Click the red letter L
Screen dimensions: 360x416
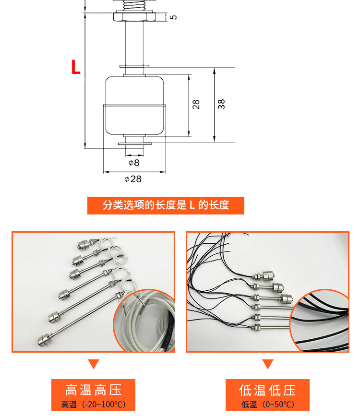click(x=76, y=67)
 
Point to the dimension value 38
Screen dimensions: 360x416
click(x=221, y=104)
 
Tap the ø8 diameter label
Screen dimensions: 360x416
click(x=134, y=163)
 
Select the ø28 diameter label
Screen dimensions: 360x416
click(x=133, y=179)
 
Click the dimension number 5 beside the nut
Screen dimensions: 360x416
click(x=173, y=17)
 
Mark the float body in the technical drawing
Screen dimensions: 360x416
click(x=134, y=106)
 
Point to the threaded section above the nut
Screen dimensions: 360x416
click(x=133, y=5)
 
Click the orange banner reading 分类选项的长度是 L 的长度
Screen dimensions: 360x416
click(x=166, y=205)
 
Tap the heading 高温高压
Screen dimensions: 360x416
click(x=93, y=390)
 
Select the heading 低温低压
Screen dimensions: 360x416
click(x=267, y=390)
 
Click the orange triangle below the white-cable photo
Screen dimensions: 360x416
click(x=94, y=363)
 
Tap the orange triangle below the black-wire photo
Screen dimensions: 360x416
click(x=268, y=363)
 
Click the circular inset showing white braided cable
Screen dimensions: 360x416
click(x=144, y=320)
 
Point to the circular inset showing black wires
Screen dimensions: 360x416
click(x=319, y=321)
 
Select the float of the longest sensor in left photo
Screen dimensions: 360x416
click(x=44, y=340)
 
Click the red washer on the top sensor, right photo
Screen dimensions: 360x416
click(x=256, y=277)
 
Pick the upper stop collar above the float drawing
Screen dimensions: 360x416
click(x=134, y=66)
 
